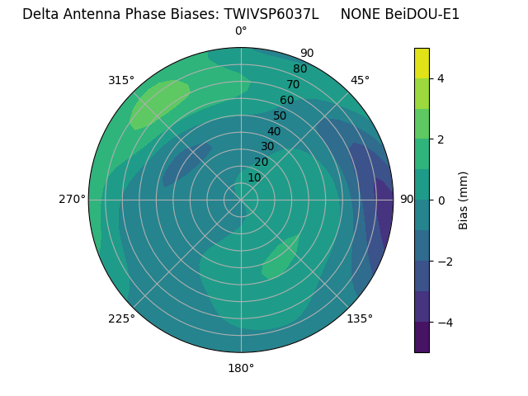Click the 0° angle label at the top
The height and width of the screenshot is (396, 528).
coord(241,31)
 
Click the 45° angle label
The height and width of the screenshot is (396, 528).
coord(360,80)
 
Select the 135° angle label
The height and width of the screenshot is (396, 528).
coord(360,318)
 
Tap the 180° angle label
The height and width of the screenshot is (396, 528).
coord(241,368)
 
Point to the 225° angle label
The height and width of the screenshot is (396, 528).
coord(121,318)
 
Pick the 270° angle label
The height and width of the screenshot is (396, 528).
coord(72,200)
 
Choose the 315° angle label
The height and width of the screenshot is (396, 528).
coord(121,80)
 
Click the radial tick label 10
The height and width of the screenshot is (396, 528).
coord(254,177)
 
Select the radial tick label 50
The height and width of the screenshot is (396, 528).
coord(280,115)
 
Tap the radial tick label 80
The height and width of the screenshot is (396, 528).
coord(299,68)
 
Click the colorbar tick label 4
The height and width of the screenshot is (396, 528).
coord(441,78)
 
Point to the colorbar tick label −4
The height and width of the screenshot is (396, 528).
coord(441,322)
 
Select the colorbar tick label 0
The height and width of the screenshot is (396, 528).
coord(441,200)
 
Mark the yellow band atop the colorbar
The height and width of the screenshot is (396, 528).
coord(422,63)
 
